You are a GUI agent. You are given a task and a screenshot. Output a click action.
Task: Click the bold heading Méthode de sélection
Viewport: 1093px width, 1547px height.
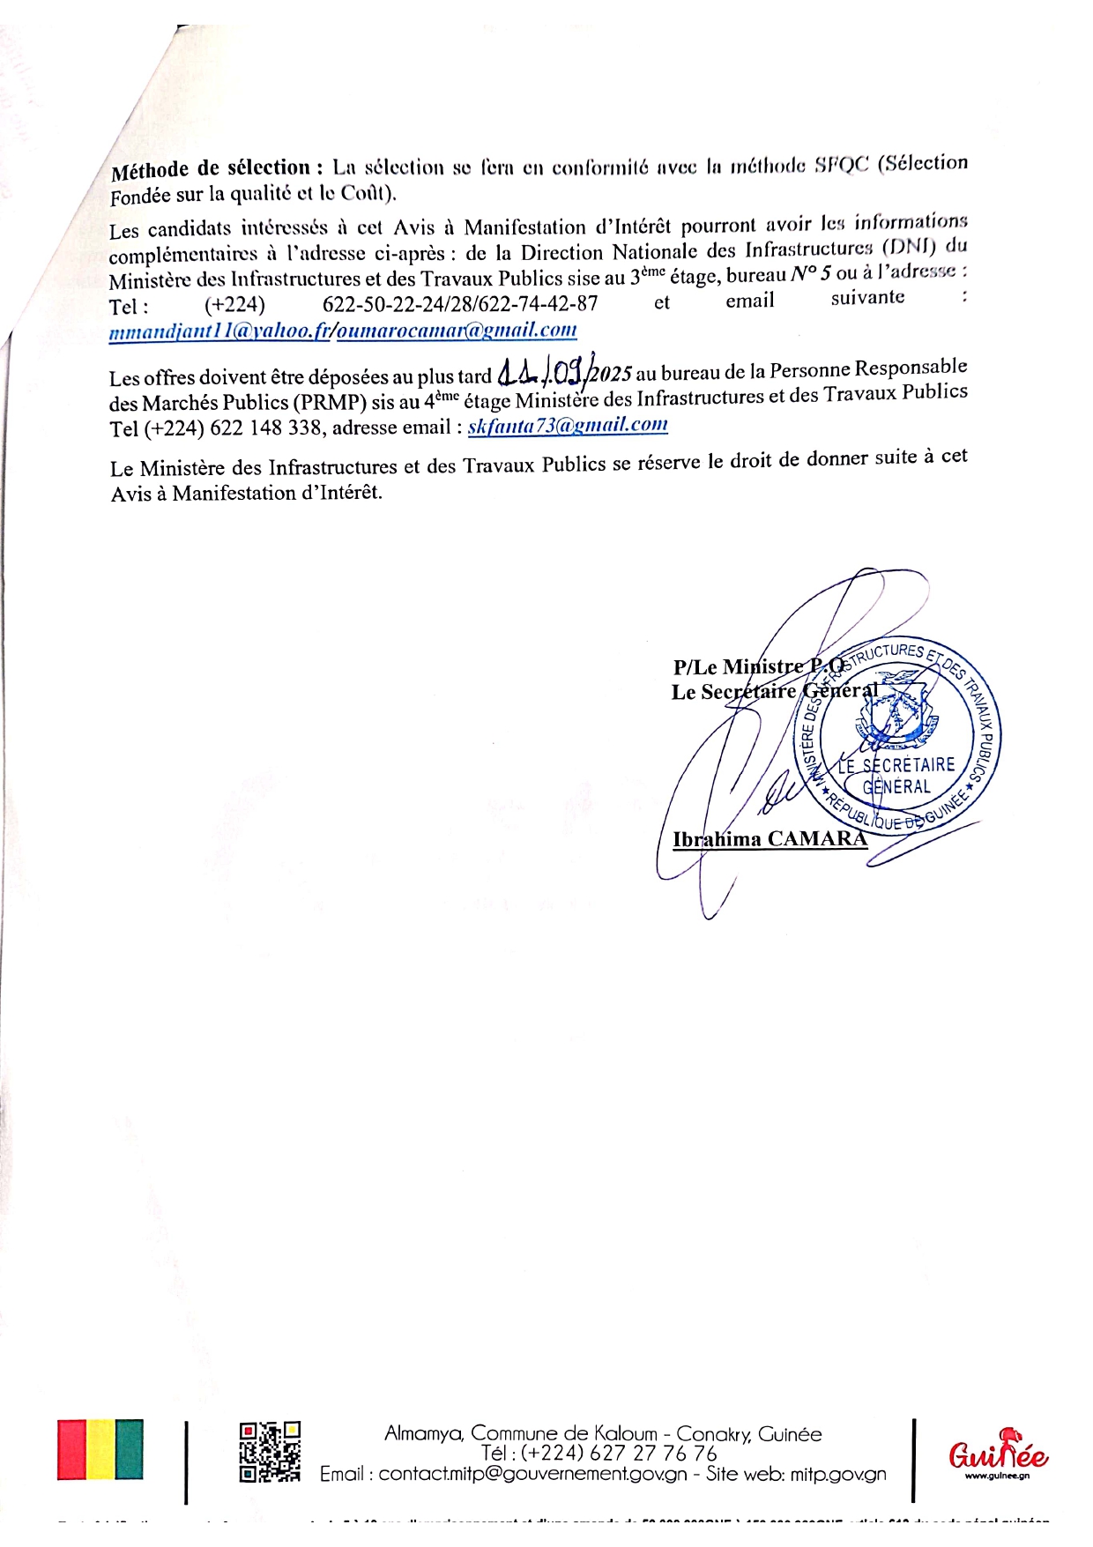tap(211, 168)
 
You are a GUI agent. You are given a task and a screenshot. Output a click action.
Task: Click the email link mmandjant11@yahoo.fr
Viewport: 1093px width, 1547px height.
tap(219, 332)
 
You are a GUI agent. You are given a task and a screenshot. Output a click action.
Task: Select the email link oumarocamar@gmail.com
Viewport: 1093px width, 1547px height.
tap(457, 331)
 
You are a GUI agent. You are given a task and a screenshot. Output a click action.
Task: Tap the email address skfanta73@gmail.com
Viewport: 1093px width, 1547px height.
tap(568, 426)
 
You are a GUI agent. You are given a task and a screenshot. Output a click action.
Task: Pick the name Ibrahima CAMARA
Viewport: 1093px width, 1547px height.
tap(770, 838)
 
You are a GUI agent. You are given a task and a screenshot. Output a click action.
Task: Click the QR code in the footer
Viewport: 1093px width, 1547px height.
tap(270, 1452)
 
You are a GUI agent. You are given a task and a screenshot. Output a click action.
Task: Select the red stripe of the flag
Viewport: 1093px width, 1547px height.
tap(71, 1449)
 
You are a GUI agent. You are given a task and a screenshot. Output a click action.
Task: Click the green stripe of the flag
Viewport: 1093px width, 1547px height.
tap(129, 1449)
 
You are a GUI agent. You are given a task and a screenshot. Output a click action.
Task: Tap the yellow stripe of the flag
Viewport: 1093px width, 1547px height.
tap(100, 1449)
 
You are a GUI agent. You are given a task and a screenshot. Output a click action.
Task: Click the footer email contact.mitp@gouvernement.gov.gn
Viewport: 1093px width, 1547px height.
tap(532, 1474)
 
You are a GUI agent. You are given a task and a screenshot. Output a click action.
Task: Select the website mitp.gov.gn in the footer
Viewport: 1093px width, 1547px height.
tap(837, 1474)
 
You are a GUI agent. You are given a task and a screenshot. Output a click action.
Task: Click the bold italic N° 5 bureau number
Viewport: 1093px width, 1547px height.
tap(810, 274)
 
